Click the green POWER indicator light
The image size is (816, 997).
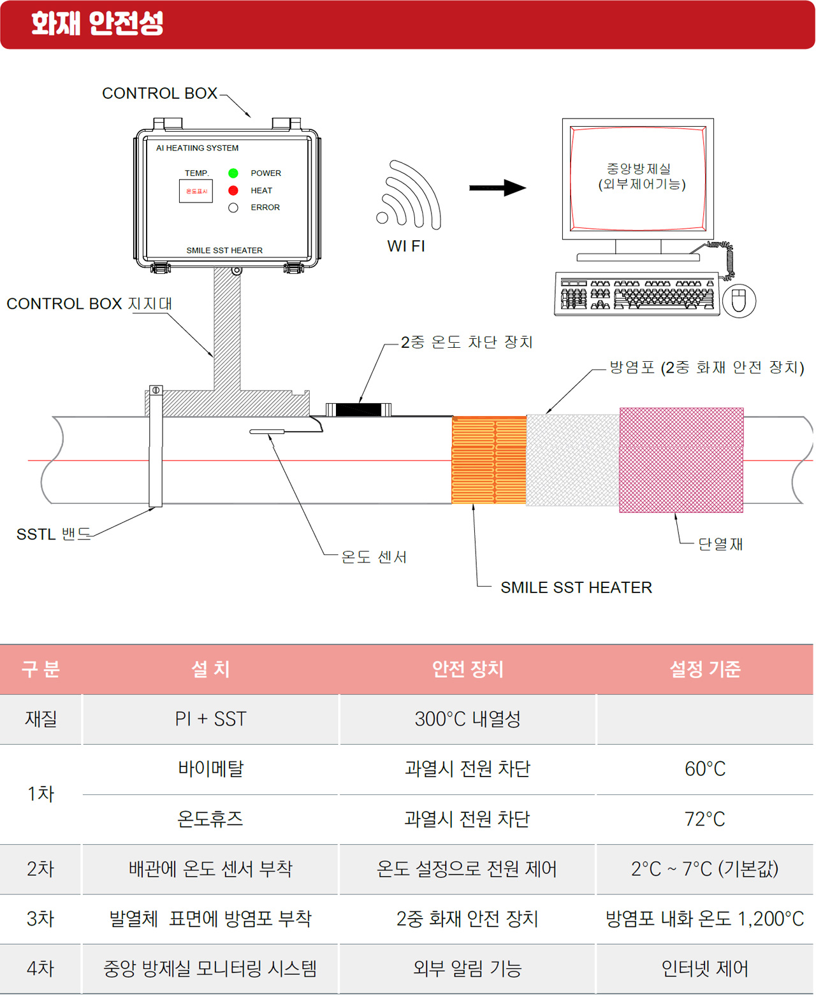[x=233, y=173]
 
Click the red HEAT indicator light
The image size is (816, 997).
[x=233, y=190]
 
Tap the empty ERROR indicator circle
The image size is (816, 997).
[x=233, y=208]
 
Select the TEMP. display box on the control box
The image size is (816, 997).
[x=196, y=191]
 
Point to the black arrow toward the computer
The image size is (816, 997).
[x=497, y=187]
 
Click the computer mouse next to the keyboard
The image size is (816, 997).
[x=739, y=301]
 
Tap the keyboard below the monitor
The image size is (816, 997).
[x=637, y=294]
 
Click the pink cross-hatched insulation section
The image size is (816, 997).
[x=681, y=460]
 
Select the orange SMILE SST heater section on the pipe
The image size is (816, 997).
[x=489, y=460]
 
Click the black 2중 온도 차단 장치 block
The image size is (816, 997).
[x=358, y=410]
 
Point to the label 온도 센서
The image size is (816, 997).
[x=374, y=557]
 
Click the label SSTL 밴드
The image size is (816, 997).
[x=54, y=534]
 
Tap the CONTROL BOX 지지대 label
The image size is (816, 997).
[x=89, y=304]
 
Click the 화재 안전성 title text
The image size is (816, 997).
[x=98, y=24]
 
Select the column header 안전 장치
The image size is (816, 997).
[x=467, y=669]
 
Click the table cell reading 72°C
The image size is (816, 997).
[x=704, y=819]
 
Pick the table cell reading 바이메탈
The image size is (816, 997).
[x=210, y=769]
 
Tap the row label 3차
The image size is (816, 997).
[x=40, y=919]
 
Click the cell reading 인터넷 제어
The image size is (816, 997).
[x=704, y=969]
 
